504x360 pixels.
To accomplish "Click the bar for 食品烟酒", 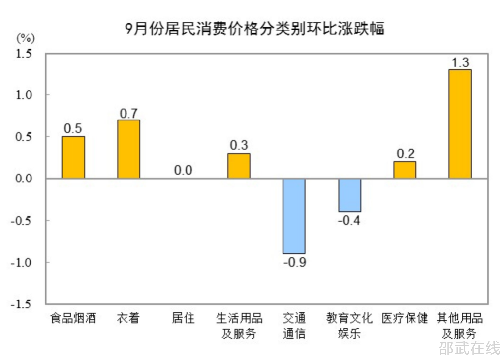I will tap(73, 157).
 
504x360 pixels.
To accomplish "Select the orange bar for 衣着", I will tap(128, 149).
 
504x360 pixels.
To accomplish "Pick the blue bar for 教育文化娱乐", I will tap(349, 195).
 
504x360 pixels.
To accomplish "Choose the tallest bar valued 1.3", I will tap(460, 124).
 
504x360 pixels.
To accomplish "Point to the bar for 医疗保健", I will tap(405, 170).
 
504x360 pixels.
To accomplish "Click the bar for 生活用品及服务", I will tap(239, 166).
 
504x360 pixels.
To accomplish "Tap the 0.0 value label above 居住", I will tap(183, 171).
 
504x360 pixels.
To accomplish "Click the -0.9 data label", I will tap(294, 262).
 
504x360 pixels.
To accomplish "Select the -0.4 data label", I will tap(349, 220).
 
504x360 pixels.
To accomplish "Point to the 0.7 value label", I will tap(129, 113).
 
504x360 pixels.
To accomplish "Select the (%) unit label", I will tap(26, 37).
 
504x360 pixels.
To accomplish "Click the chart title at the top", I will tap(254, 29).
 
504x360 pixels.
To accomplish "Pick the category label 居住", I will tap(183, 318).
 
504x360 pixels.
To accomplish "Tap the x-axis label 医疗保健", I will tap(405, 318).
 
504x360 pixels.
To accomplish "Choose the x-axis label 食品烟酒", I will tap(73, 318).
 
